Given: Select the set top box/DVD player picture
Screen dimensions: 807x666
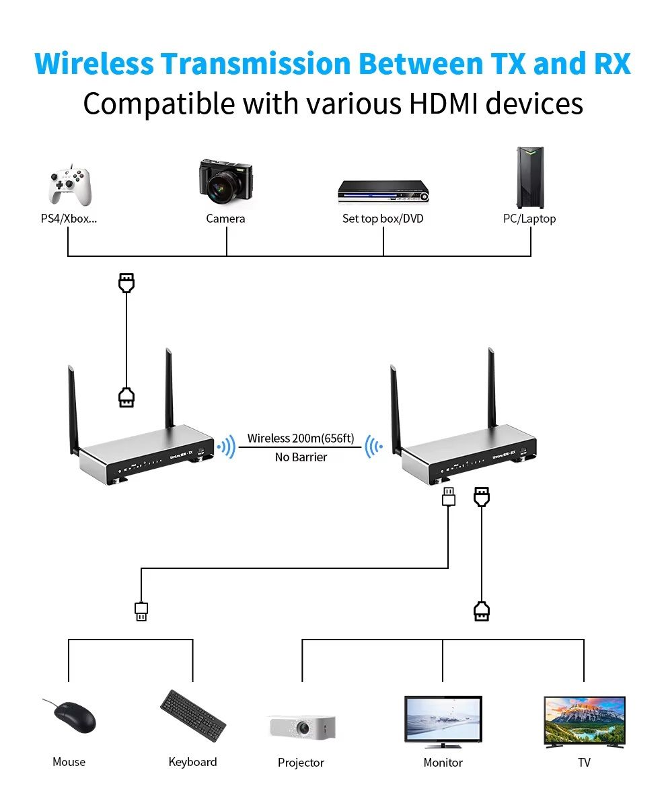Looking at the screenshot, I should coord(383,191).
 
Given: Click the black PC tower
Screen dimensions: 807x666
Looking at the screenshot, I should coord(530,178).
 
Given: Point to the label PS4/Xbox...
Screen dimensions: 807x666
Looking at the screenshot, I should coord(69,219).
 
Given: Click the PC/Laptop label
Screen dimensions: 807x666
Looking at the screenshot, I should coord(529,219).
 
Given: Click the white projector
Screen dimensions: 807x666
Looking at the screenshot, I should coord(302,726).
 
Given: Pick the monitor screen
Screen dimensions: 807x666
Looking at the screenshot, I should coord(443,718).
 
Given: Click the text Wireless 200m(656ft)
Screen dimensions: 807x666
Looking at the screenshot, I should coord(300,438).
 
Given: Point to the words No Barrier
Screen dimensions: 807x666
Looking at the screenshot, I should coord(301,457).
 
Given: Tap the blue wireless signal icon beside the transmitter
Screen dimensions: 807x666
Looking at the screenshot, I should coord(227,447).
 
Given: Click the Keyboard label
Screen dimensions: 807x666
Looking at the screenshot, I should coord(192,762).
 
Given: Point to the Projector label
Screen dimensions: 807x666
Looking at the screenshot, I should coord(301,763).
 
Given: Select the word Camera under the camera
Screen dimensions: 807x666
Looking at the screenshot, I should coord(225,219).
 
